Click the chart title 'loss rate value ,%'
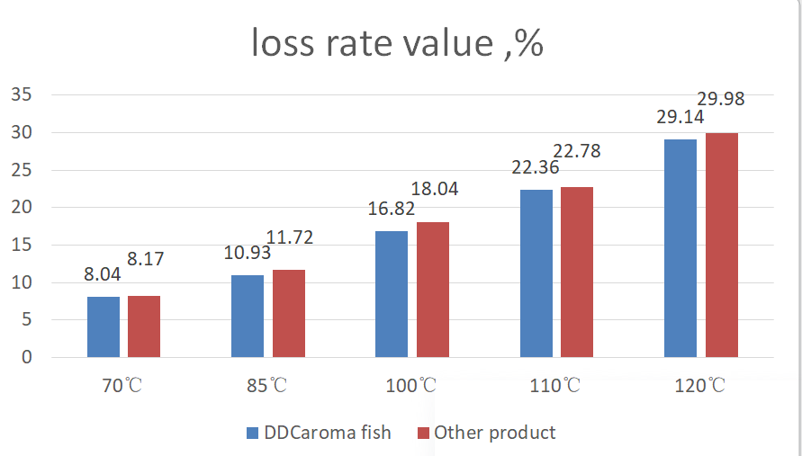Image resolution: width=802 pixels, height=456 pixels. click(397, 43)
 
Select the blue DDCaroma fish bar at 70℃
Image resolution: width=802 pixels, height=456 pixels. click(104, 326)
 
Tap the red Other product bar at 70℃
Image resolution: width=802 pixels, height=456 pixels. click(144, 326)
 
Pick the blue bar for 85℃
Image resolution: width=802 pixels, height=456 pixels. click(248, 316)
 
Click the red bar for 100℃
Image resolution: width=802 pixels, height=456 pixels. click(432, 290)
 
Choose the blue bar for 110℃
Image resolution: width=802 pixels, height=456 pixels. click(536, 273)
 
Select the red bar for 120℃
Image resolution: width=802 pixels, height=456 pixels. click(721, 245)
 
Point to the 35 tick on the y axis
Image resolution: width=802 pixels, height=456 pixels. click(21, 95)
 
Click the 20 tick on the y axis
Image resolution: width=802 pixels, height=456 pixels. click(21, 208)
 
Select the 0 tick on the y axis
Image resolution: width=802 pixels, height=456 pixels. click(26, 357)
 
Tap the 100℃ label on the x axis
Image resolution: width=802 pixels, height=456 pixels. click(412, 388)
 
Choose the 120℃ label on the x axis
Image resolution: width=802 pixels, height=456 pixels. click(699, 388)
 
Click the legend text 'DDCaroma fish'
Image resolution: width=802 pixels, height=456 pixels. click(328, 433)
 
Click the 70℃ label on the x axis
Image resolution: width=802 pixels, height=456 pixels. click(122, 388)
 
